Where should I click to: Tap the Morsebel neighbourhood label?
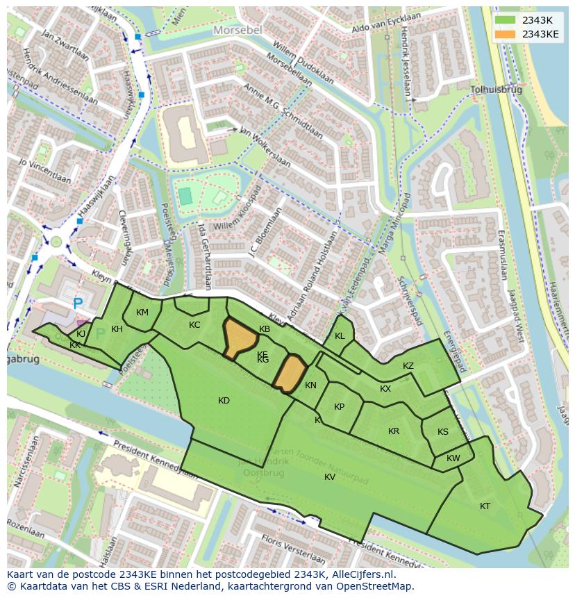click(x=238, y=31)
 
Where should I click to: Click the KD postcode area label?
click(x=224, y=401)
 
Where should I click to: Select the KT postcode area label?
click(x=485, y=506)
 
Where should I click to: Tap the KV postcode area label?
click(x=330, y=476)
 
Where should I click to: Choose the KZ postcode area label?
click(x=408, y=366)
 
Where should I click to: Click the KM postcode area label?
click(x=142, y=313)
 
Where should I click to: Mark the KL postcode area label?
click(x=340, y=336)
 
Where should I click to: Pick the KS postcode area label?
click(x=443, y=432)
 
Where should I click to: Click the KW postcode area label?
click(x=453, y=458)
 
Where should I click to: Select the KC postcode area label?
click(x=194, y=325)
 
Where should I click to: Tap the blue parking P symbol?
click(x=78, y=304)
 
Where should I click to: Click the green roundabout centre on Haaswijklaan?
click(x=56, y=242)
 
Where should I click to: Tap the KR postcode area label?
click(x=394, y=431)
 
